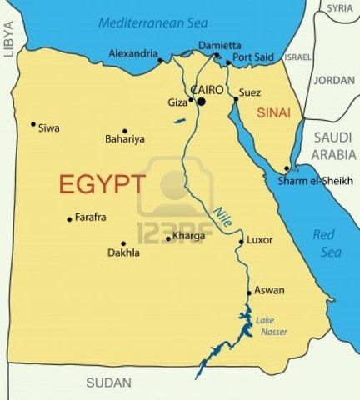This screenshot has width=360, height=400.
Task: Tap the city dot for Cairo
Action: (201, 102)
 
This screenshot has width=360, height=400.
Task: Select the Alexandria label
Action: (132, 54)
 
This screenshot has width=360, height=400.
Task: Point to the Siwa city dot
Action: (33, 125)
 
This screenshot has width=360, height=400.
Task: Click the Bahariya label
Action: (125, 139)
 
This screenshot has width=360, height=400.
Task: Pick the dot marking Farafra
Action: (69, 219)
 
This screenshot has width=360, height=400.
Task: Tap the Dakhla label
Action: (123, 252)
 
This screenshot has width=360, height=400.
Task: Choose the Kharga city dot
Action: (167, 238)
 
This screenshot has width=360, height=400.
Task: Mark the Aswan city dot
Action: (249, 292)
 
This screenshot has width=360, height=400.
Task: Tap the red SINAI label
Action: (273, 112)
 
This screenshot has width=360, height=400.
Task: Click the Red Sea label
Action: (323, 242)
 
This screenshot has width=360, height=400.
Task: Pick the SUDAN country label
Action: (109, 382)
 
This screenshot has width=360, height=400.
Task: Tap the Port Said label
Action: (253, 57)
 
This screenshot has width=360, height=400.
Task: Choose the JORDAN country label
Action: (334, 81)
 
